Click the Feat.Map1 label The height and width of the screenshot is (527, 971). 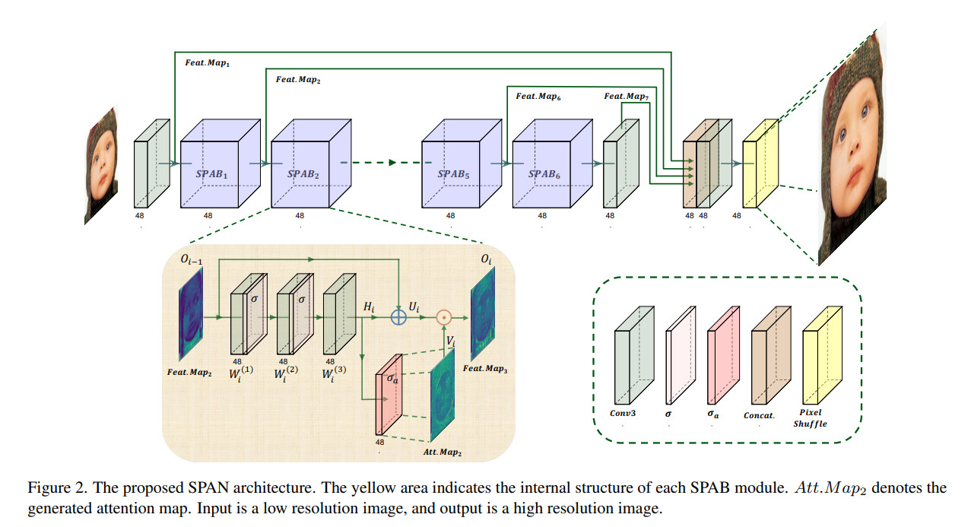(x=207, y=62)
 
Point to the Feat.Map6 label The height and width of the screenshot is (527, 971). (x=538, y=97)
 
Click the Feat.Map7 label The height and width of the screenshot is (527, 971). (x=627, y=97)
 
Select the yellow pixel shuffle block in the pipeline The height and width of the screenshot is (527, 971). (x=760, y=163)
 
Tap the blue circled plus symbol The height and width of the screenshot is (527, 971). (x=398, y=317)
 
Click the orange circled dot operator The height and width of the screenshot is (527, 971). (x=444, y=317)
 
